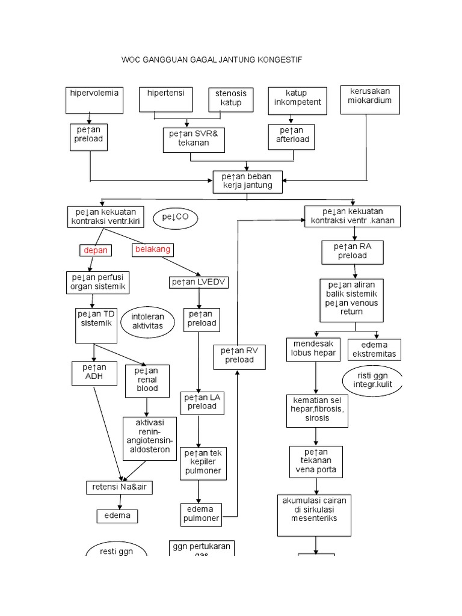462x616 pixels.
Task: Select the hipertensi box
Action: click(166, 99)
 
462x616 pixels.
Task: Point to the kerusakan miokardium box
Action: click(369, 99)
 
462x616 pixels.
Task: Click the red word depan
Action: click(96, 250)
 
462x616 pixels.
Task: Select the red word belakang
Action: click(153, 249)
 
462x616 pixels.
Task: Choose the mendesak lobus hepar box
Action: click(313, 348)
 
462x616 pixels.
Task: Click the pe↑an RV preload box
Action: click(239, 356)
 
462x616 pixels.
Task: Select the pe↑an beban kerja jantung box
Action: click(247, 181)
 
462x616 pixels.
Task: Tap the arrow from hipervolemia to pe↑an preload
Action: click(90, 119)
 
